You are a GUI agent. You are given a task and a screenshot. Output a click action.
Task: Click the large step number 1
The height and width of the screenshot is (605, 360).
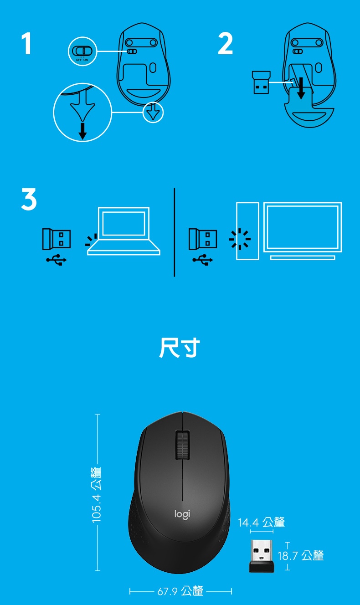tap(26, 43)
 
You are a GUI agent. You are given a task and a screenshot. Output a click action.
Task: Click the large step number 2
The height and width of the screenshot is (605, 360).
tap(225, 43)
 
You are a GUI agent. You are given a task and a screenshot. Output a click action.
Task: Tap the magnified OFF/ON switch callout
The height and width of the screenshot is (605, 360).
tap(82, 51)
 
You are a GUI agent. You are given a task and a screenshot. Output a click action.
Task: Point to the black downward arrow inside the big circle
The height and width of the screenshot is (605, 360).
tap(82, 131)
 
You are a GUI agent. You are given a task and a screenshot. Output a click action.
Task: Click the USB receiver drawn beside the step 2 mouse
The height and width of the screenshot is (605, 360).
tap(261, 82)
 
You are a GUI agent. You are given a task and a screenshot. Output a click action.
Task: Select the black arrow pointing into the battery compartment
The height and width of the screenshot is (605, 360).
tap(301, 88)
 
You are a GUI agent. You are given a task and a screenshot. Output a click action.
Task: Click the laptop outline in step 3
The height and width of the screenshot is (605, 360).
tap(123, 231)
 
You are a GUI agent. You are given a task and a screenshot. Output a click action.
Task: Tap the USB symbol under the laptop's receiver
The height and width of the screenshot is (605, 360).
tap(56, 260)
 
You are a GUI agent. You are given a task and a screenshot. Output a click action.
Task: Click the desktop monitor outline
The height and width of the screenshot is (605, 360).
tap(303, 231)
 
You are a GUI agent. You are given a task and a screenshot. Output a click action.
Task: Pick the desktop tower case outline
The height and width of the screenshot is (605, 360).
tap(247, 231)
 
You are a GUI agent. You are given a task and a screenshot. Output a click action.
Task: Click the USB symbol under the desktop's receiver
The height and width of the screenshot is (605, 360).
tap(202, 260)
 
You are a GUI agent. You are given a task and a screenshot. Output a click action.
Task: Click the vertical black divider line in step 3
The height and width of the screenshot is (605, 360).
tap(175, 232)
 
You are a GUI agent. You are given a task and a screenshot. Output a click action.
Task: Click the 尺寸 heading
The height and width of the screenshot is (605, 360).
tap(180, 348)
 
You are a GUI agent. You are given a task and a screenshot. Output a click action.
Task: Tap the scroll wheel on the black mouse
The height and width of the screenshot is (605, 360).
tap(183, 445)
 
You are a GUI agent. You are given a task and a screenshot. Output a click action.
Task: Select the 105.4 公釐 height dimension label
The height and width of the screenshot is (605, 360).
tap(97, 495)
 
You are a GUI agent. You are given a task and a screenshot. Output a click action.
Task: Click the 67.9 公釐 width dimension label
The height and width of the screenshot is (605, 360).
tap(180, 591)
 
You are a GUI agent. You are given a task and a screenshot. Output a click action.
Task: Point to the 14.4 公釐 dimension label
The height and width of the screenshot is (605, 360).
tap(261, 522)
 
